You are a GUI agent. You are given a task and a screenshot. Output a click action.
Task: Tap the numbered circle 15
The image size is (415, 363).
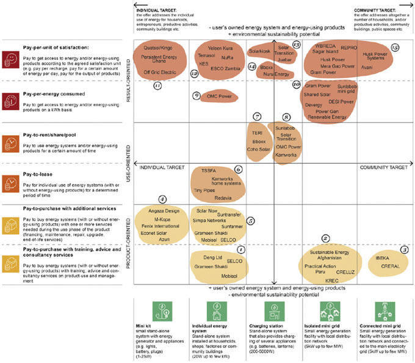[x=395, y=47]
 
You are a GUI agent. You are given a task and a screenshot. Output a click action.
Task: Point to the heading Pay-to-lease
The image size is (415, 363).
[x=37, y=174]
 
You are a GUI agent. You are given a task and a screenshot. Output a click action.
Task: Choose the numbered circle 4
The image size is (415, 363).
[x=162, y=199]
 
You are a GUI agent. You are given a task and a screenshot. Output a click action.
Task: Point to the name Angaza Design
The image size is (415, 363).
[x=162, y=210]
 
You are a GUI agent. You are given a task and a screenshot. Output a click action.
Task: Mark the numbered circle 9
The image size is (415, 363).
[x=196, y=95]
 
